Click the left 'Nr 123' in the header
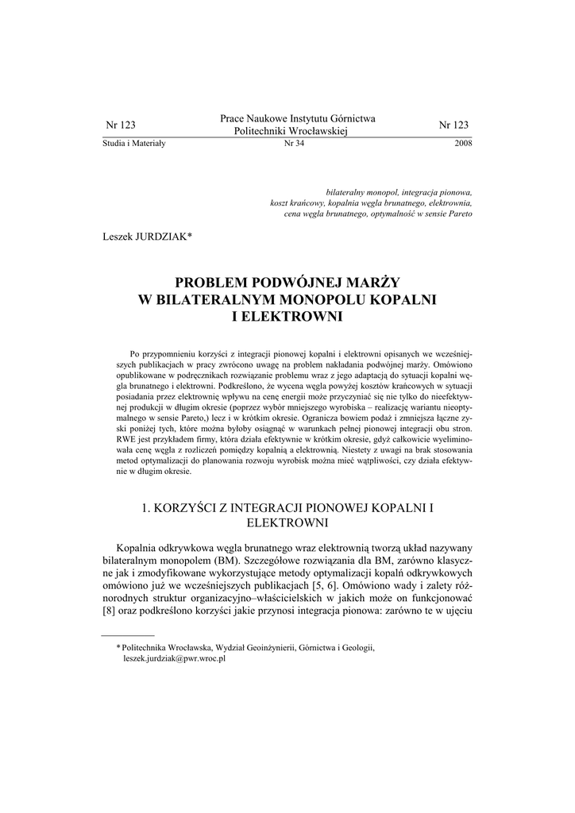121,125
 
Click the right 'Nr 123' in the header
453,125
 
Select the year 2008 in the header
463,144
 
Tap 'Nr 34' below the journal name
294,144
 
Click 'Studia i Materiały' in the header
133,144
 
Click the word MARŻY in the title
374,282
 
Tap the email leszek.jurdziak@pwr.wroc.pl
175,659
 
